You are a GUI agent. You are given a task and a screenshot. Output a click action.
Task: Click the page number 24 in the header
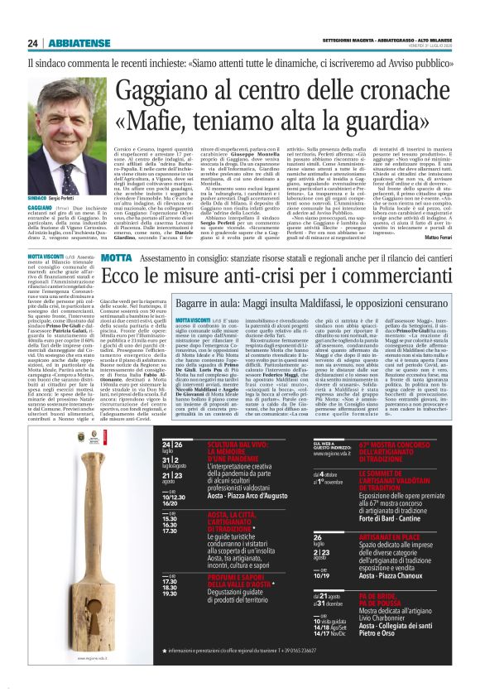(x=32, y=44)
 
